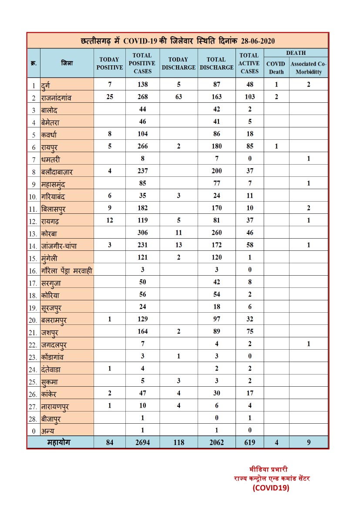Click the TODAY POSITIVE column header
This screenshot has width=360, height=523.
coord(110,64)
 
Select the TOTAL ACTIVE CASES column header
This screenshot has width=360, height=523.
coord(249,64)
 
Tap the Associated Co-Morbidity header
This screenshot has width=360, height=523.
coord(308,68)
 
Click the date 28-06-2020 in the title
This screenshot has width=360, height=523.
coord(256,41)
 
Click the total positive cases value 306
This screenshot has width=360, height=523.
coord(142,233)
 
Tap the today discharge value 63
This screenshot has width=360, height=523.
coord(178,97)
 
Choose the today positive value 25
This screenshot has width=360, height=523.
coord(110,97)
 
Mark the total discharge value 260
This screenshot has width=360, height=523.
coord(216,233)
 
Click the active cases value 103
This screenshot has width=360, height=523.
coord(249,97)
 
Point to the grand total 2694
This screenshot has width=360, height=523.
coord(142,442)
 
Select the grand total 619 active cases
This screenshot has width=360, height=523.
coord(249,442)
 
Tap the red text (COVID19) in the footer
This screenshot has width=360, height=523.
coord(271,488)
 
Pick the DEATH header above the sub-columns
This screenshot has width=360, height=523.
coord(296,53)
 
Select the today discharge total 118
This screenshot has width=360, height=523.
coord(178,442)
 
